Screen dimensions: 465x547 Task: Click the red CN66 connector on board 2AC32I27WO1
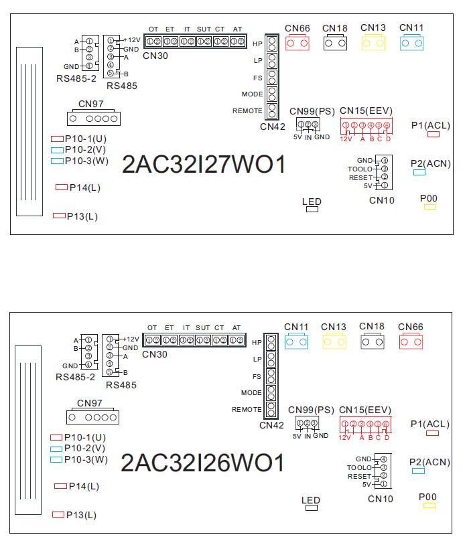(x=297, y=43)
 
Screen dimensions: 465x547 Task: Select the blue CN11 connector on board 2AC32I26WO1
(x=295, y=341)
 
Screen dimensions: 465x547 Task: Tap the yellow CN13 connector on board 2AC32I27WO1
(x=373, y=43)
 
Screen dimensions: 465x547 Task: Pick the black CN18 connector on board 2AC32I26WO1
(x=373, y=341)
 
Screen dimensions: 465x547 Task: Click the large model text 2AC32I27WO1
(x=204, y=165)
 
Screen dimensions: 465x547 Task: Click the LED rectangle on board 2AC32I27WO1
(x=312, y=210)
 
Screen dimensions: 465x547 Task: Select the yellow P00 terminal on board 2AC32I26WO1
(x=428, y=505)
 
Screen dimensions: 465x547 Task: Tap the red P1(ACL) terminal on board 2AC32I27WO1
(x=434, y=134)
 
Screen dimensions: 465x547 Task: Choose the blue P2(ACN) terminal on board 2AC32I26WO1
(x=419, y=471)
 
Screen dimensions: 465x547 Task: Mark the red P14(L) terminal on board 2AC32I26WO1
(x=60, y=486)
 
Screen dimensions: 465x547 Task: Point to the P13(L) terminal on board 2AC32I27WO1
(x=59, y=216)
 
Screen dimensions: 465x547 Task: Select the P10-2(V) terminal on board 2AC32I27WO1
(x=57, y=150)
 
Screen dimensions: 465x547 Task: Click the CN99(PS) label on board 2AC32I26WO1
(x=311, y=410)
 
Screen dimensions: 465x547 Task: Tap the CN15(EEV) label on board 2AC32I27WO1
(x=366, y=110)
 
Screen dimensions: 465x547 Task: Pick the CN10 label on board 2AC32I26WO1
(x=381, y=499)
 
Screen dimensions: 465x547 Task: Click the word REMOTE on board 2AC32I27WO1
(x=247, y=110)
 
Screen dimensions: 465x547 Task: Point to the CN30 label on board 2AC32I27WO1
(x=155, y=56)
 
